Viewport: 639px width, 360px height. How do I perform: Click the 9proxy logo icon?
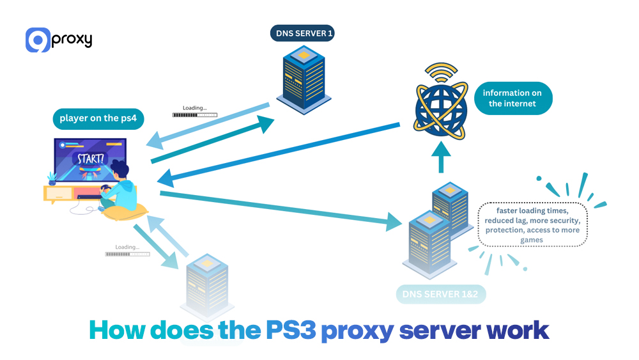tap(38, 40)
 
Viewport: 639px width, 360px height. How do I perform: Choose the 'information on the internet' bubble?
tap(512, 98)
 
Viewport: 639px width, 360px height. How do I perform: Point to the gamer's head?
tap(119, 171)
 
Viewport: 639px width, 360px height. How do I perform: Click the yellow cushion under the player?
tap(125, 212)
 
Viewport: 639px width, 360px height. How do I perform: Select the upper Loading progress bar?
tap(194, 115)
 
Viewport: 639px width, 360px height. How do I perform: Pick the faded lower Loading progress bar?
tap(127, 254)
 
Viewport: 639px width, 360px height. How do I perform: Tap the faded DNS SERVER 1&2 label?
tap(440, 294)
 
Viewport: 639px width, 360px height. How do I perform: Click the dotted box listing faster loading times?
tap(532, 224)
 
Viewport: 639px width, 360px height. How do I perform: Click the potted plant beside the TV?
tap(52, 177)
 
